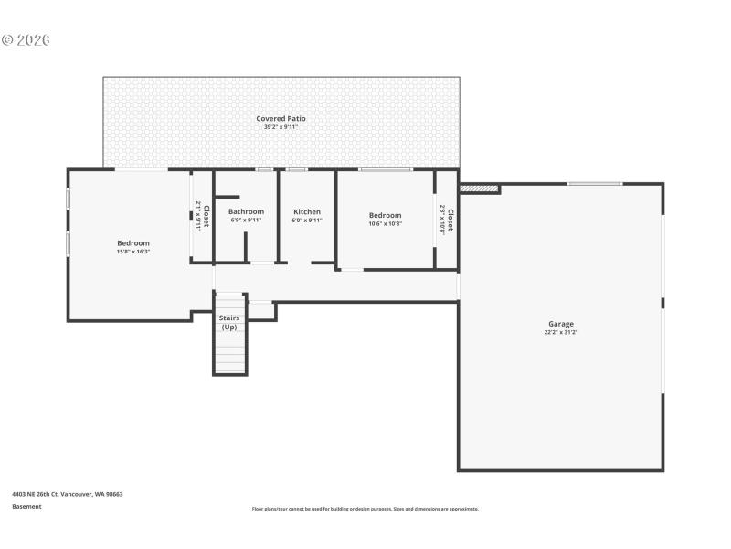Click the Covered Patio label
coord(281,118)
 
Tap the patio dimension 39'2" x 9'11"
coord(281,126)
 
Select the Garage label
coord(560,324)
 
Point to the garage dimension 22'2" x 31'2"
coord(560,332)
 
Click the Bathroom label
coord(246,211)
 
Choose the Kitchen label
coord(306,211)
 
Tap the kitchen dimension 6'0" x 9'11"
coord(306,220)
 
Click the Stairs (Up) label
coord(228,322)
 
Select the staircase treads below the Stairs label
coord(229,353)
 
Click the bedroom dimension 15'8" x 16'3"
coord(132,251)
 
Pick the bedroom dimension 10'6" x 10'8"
coord(385,223)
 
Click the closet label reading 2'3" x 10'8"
coord(446,220)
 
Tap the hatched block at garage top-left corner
coord(479,189)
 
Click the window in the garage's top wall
coord(595,184)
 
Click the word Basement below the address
coord(26,506)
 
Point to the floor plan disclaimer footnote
coord(365,509)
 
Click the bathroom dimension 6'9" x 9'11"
coord(246,220)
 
